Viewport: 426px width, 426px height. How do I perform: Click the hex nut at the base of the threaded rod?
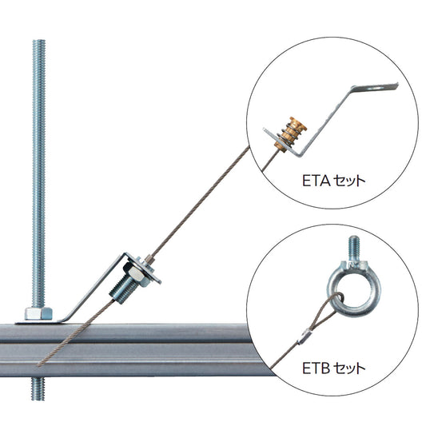tap(38, 313)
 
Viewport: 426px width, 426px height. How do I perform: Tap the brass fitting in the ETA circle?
tap(290, 134)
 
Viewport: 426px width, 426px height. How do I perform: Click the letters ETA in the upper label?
tap(317, 181)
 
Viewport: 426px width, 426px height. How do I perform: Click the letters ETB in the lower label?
tap(316, 368)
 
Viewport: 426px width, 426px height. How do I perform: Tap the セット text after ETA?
tap(349, 181)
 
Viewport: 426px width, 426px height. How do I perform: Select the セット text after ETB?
tap(349, 368)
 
